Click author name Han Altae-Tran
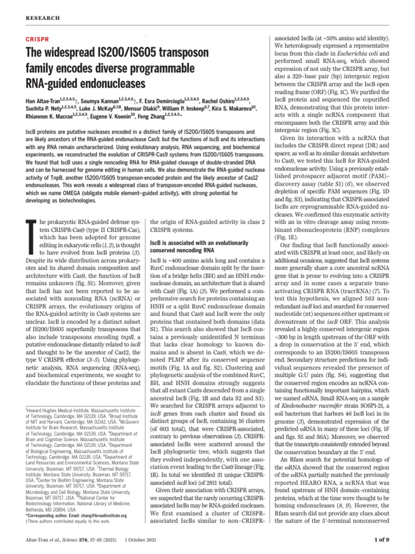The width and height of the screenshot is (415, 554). pos(43,102)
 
